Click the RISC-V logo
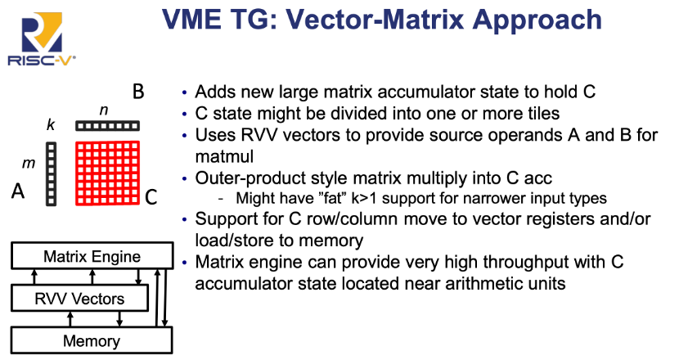pyautogui.click(x=42, y=39)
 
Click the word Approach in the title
pyautogui.click(x=537, y=20)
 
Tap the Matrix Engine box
pyautogui.click(x=92, y=256)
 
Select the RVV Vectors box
pyautogui.click(x=79, y=298)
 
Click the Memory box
pyautogui.click(x=92, y=340)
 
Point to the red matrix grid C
pyautogui.click(x=107, y=173)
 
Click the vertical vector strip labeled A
pyautogui.click(x=51, y=173)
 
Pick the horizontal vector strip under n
pyautogui.click(x=107, y=126)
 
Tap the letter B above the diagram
pyautogui.click(x=138, y=92)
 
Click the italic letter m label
pyautogui.click(x=29, y=164)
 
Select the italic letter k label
pyautogui.click(x=51, y=124)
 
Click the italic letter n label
pyautogui.click(x=104, y=110)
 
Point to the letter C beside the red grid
pyautogui.click(x=151, y=197)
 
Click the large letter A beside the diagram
pyautogui.click(x=18, y=191)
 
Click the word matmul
pyautogui.click(x=224, y=156)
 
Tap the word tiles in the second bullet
pyautogui.click(x=543, y=114)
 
